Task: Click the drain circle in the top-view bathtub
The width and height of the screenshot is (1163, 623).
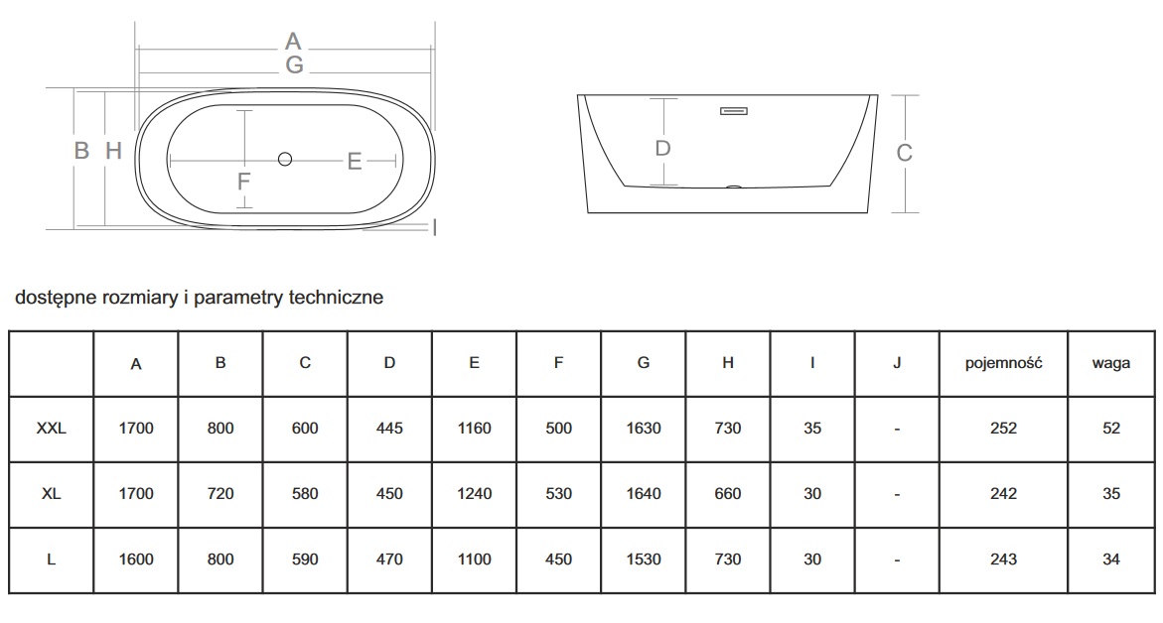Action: pos(285,159)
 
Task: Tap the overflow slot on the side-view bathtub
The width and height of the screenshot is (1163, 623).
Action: pos(734,111)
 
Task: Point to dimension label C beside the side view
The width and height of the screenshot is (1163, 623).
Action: pos(905,153)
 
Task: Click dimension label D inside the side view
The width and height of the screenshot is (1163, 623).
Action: pos(663,149)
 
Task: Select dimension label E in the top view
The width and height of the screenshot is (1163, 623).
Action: pos(355,162)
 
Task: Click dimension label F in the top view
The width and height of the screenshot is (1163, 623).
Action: pos(244,183)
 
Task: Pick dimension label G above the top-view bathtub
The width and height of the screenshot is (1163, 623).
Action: pos(293,65)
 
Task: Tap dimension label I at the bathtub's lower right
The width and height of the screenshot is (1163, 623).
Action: pos(436,228)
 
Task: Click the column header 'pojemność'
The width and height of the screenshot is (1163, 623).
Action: pos(1003,363)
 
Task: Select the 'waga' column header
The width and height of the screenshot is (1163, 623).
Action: pos(1111,363)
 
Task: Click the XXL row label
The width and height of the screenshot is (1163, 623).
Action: pos(51,429)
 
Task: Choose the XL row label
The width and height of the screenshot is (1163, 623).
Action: pos(51,494)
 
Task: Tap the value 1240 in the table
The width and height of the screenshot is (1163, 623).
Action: pos(474,494)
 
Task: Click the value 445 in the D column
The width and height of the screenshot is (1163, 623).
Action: pos(389,429)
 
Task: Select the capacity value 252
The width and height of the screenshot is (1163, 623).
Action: pos(1003,429)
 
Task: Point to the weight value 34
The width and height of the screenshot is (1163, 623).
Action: pos(1111,560)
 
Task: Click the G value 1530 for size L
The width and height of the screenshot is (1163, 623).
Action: pos(644,560)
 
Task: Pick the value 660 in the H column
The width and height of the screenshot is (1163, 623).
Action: pos(728,494)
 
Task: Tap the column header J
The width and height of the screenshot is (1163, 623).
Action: pos(897,363)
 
